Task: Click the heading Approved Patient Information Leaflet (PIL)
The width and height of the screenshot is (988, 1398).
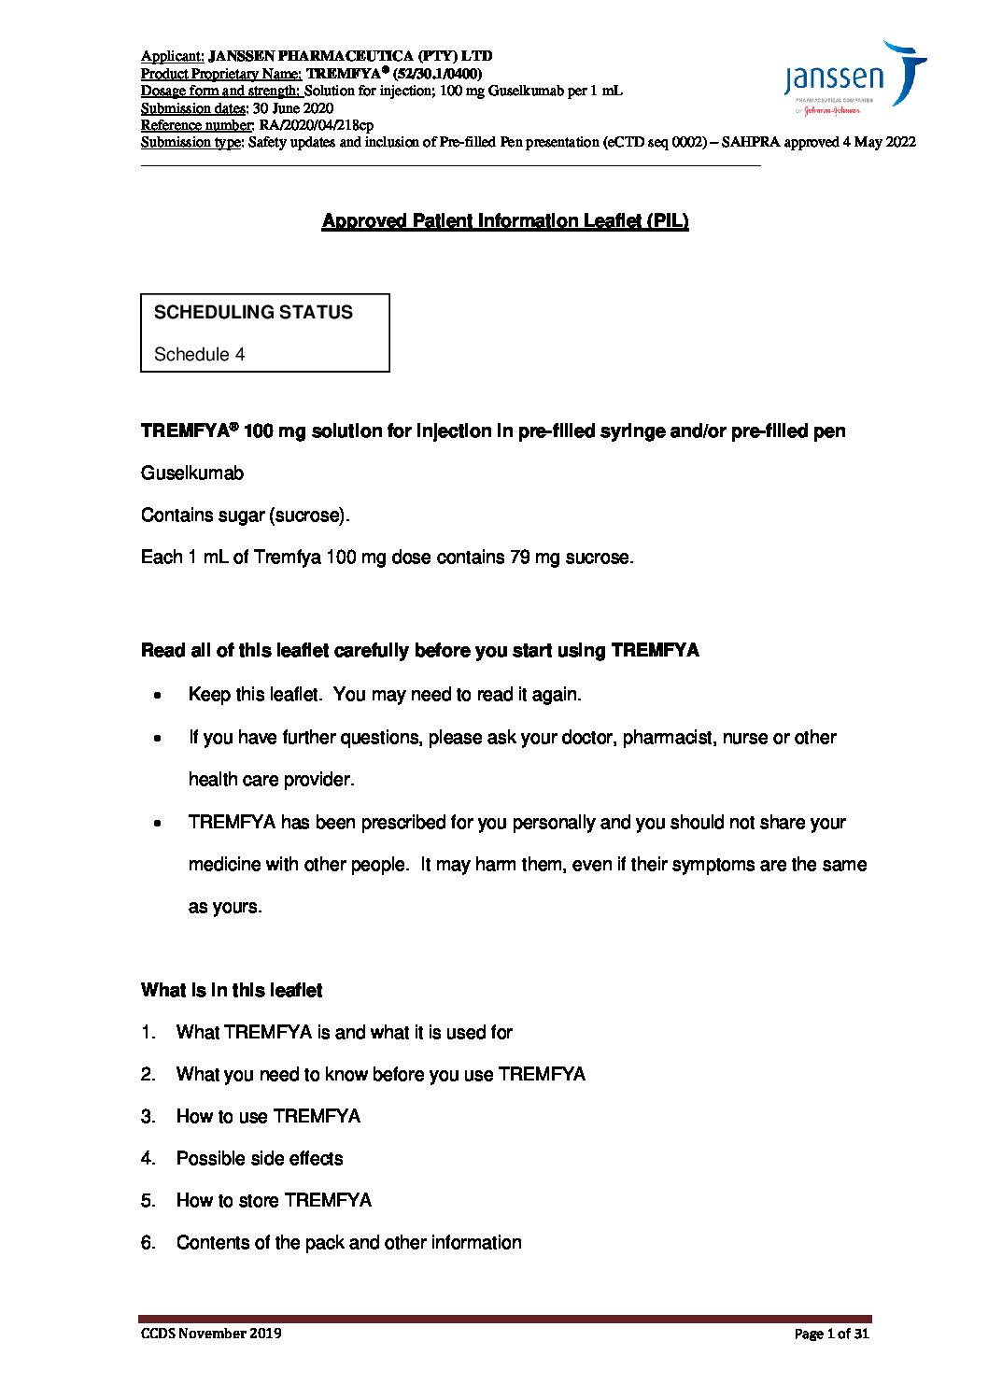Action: [505, 221]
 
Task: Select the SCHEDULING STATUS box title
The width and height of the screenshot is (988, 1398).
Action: [253, 313]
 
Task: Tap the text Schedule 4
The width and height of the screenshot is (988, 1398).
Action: [199, 355]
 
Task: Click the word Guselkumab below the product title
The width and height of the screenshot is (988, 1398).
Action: [191, 473]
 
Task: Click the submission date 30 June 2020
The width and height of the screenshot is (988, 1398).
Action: [293, 108]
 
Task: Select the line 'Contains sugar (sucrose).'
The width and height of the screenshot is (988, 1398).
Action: [245, 515]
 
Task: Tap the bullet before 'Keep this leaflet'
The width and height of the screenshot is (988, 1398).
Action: [158, 696]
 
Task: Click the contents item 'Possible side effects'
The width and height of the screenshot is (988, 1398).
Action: [260, 1159]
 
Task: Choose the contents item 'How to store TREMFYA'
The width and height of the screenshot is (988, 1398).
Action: [274, 1201]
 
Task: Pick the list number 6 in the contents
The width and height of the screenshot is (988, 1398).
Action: [148, 1243]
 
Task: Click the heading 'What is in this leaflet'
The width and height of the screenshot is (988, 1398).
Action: [232, 991]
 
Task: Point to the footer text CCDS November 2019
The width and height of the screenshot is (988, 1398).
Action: [211, 1334]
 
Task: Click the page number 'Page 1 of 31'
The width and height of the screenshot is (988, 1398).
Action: [831, 1334]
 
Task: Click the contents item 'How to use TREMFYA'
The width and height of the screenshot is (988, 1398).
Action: [268, 1117]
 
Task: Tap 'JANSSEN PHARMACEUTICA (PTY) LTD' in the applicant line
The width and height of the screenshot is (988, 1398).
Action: [350, 56]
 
